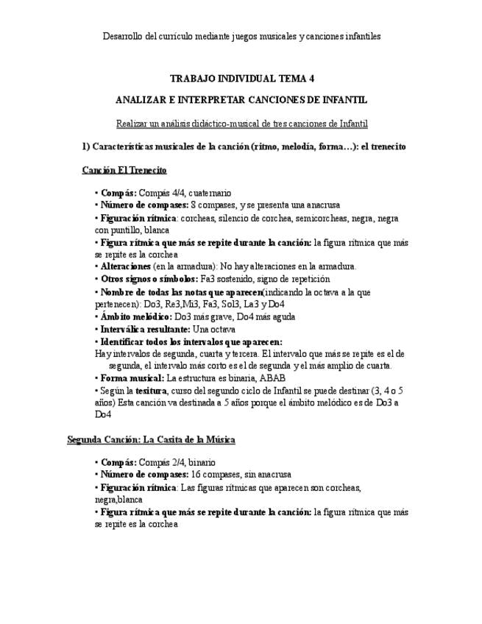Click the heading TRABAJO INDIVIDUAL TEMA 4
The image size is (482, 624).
coord(242,77)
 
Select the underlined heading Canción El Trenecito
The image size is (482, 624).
coord(124,170)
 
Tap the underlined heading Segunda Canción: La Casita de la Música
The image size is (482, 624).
coord(151,439)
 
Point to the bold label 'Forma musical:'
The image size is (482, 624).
coord(132,378)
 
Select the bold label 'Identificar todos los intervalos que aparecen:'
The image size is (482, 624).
coord(191,342)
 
